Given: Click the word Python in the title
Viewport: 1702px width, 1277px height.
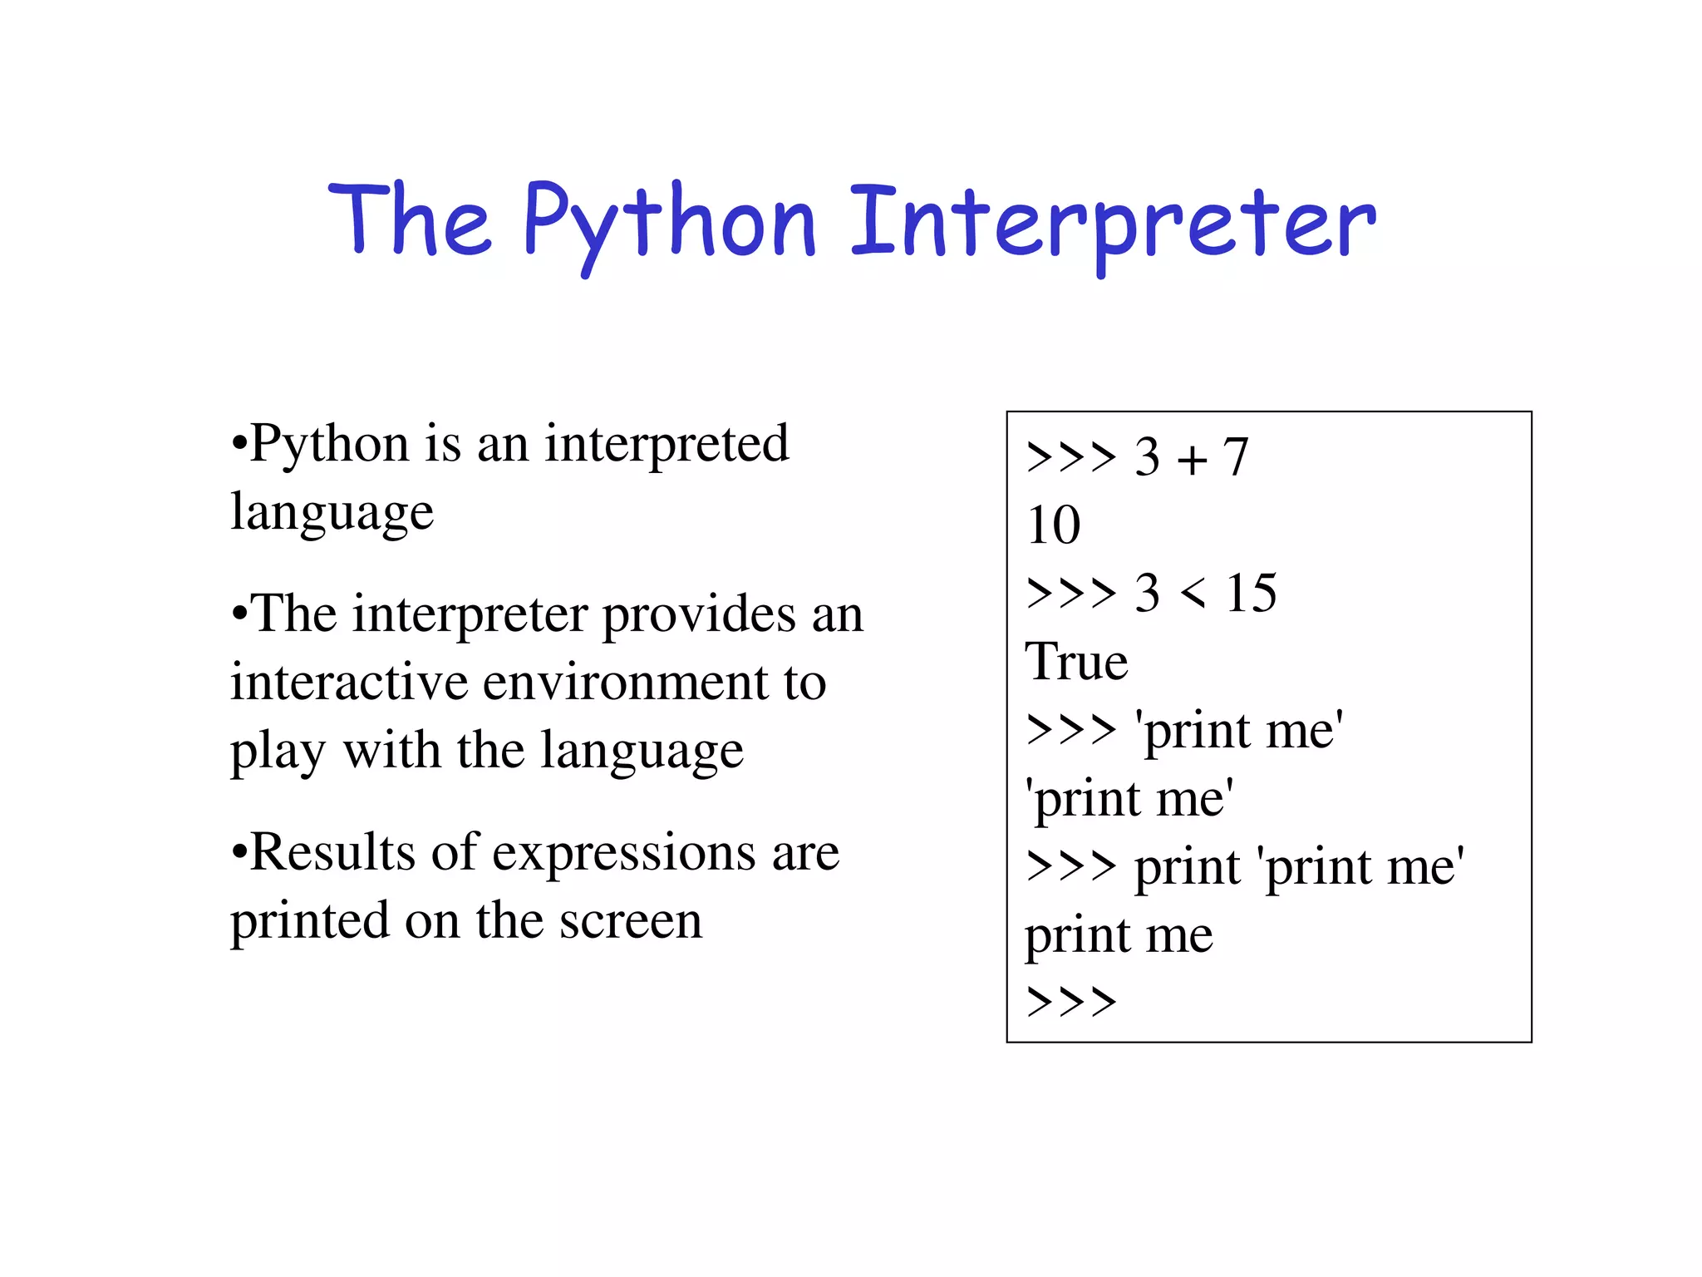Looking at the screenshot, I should click(669, 223).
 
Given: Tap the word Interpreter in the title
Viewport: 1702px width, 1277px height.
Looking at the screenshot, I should click(1113, 223).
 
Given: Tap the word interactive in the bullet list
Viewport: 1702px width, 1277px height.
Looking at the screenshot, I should click(349, 683).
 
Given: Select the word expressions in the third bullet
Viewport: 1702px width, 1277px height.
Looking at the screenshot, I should click(623, 854).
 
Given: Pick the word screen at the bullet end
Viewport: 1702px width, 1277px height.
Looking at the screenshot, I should click(631, 921).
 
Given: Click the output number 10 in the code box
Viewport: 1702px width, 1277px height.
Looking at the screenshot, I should click(1053, 525).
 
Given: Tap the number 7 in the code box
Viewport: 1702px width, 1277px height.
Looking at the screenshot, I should click(1236, 457).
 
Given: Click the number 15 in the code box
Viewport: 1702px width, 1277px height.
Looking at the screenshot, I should click(1251, 594).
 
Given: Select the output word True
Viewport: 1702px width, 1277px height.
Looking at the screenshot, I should click(1076, 662).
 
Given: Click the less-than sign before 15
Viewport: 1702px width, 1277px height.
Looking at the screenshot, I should click(1193, 594).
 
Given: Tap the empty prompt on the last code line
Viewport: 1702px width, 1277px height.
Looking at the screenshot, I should click(1071, 1002).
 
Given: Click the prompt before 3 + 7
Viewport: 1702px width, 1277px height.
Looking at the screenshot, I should click(1071, 457).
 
